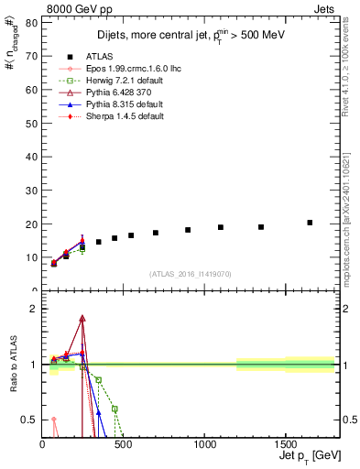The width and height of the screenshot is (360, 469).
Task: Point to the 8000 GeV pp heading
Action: tap(32, 7)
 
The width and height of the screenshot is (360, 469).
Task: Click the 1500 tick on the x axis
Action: tap(286, 445)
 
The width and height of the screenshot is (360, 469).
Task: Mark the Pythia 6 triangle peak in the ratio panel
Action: tap(82, 319)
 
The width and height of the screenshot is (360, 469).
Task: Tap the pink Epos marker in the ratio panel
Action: tap(53, 419)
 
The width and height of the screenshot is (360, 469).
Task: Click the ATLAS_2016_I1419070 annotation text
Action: tap(191, 273)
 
